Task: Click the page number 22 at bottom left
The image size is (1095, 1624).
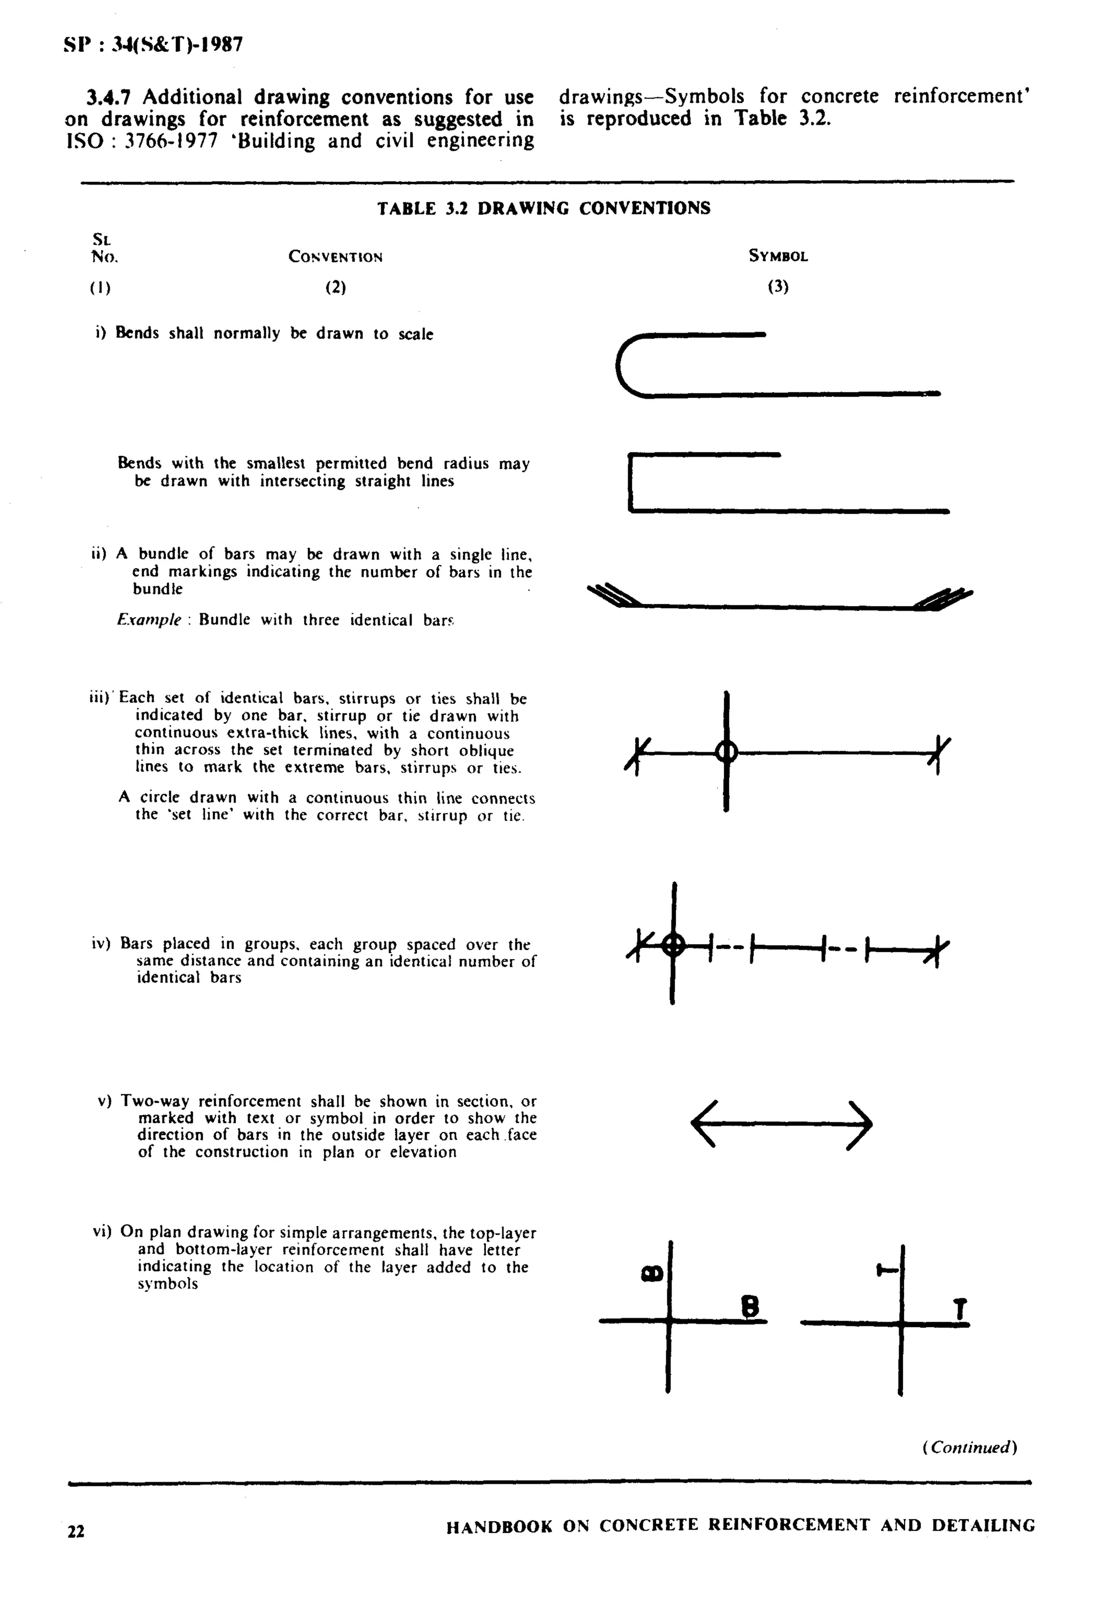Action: point(76,1531)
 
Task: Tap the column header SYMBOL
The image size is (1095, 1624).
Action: point(778,256)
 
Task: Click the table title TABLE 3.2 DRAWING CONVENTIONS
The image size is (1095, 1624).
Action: point(543,208)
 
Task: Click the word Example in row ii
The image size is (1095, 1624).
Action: point(149,621)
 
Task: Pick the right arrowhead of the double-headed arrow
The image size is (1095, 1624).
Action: point(860,1124)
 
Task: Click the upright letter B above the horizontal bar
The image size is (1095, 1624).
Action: point(749,1306)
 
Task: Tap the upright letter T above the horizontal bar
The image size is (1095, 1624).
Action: point(961,1309)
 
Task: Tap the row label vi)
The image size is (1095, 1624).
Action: point(102,1231)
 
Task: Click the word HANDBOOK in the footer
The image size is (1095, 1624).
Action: point(499,1526)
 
